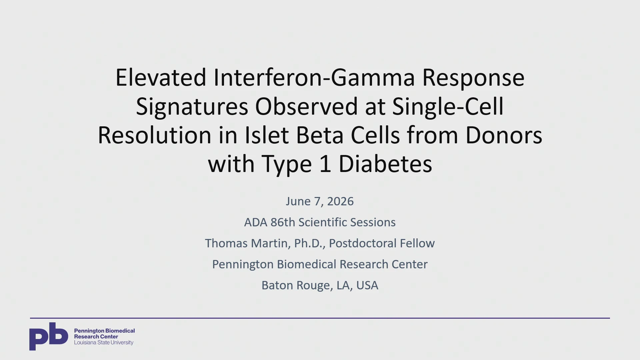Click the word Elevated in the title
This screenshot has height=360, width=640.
[x=161, y=77]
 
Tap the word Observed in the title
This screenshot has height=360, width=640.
[x=306, y=106]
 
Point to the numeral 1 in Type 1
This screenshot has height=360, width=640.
[x=325, y=164]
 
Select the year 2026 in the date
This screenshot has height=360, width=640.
[x=340, y=201]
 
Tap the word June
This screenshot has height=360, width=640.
[x=298, y=201]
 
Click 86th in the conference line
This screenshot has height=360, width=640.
[x=283, y=222]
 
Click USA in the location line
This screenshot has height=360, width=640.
[x=367, y=285]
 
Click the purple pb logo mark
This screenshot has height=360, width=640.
[x=49, y=336]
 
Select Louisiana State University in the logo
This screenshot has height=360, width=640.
[x=104, y=343]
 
